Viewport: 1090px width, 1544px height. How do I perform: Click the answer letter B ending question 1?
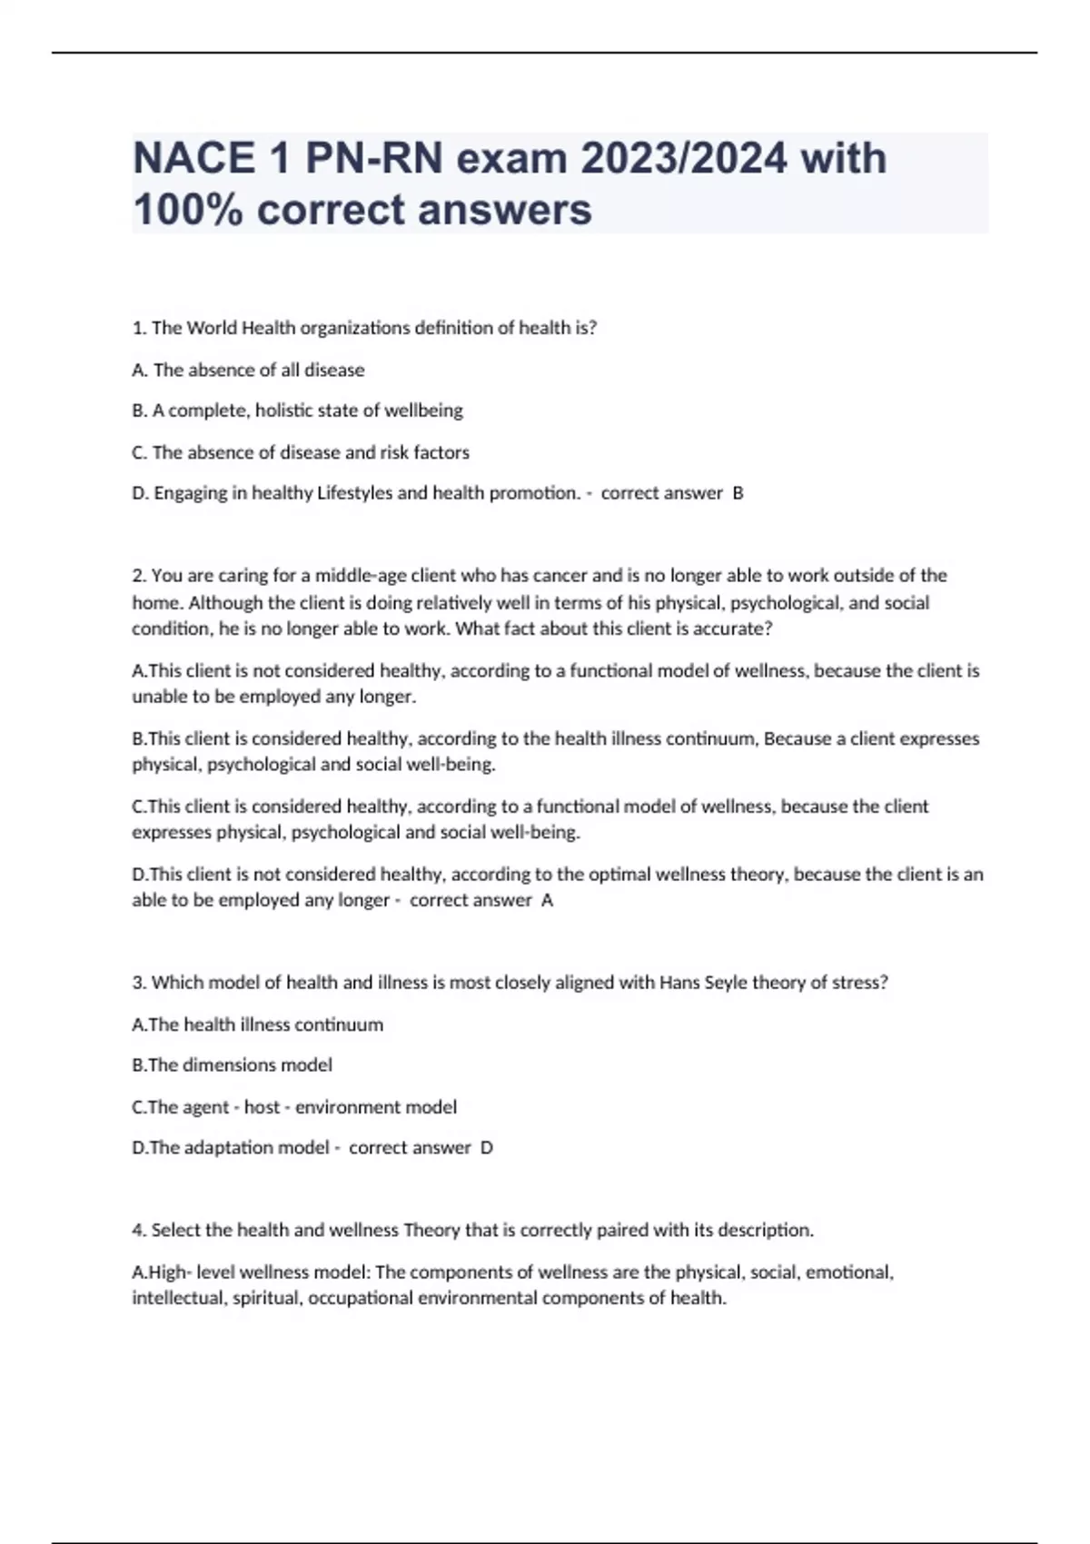coord(738,493)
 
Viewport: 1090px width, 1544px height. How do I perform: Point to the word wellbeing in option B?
coord(423,411)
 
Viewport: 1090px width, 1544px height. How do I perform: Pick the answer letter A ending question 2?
coord(547,900)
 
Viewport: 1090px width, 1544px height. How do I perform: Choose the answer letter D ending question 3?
coord(487,1148)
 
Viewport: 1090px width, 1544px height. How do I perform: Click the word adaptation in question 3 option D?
coord(229,1148)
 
